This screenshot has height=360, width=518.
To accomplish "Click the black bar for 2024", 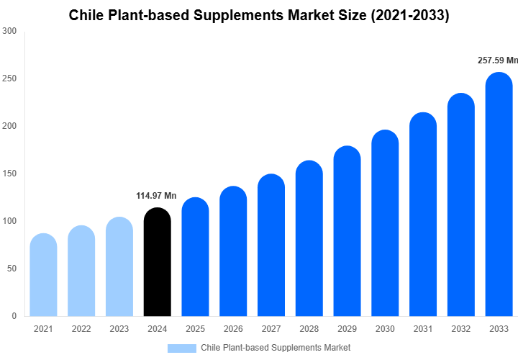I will click(158, 262).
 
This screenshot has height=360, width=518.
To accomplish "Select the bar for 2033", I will click(499, 194).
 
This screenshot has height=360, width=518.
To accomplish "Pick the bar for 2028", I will click(309, 238).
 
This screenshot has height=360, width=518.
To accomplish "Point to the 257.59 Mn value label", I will click(497, 60).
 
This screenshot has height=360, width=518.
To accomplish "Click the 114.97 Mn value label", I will click(156, 196).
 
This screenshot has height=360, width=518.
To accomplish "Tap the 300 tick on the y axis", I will click(9, 31).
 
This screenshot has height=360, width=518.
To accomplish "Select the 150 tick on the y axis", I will click(9, 174).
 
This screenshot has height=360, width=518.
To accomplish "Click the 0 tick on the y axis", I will click(14, 316).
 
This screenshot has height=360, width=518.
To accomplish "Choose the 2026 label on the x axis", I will click(233, 329).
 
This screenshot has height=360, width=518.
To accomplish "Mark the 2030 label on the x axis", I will click(385, 329).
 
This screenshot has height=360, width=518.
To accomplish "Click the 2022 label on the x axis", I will click(81, 329).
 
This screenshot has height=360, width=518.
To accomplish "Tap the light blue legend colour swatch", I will click(181, 348).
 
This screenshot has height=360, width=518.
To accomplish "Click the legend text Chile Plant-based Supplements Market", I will click(276, 348).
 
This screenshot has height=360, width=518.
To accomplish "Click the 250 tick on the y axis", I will click(9, 78).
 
